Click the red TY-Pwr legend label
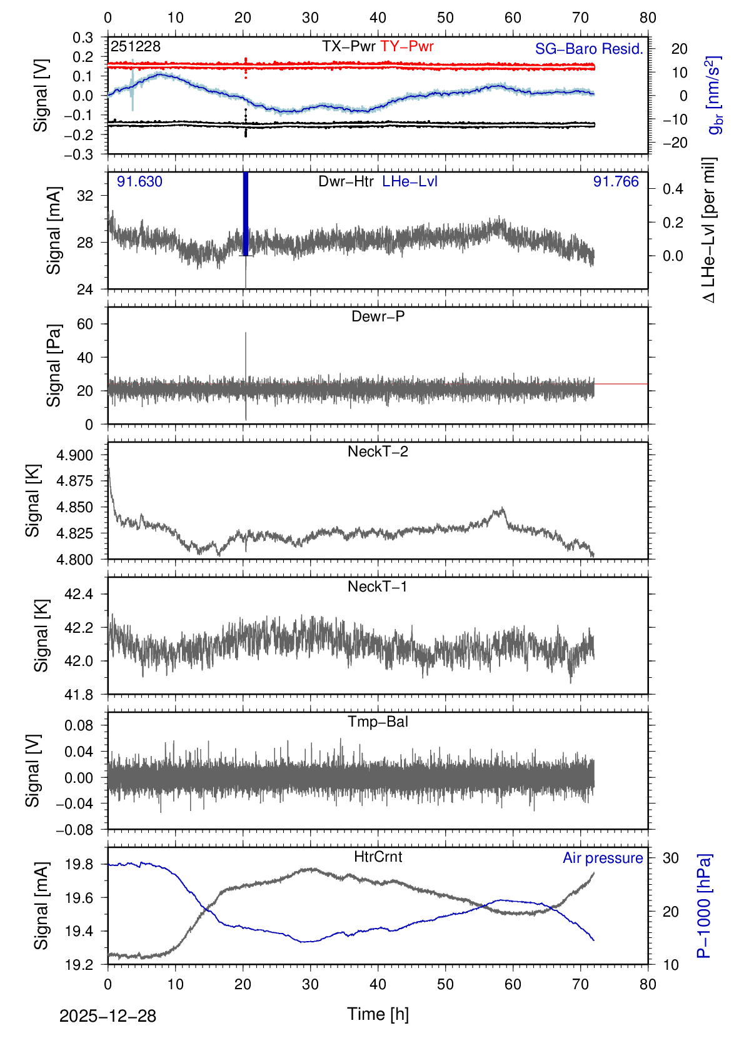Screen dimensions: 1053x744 pos(406,46)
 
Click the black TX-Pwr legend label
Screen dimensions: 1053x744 pos(348,46)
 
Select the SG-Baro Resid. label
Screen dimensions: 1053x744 pos(589,49)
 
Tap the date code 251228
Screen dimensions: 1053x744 pos(136,46)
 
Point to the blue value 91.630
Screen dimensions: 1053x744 pos(139,181)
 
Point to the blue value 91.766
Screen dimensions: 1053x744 pos(616,181)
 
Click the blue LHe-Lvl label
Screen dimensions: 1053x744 pos(410,181)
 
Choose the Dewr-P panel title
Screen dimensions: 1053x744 pos(378,316)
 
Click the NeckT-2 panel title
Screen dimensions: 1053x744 pos(378,451)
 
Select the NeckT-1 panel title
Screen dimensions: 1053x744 pos(378,587)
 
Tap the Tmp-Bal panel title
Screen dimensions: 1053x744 pos(378,722)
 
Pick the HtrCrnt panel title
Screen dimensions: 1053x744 pos(378,857)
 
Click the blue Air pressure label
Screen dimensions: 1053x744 pos(603,858)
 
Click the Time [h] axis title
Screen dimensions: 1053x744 pos(378,1014)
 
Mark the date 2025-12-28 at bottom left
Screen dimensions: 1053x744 pos(108,1016)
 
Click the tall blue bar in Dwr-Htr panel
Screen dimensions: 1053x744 pos(246,213)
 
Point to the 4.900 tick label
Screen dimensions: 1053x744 pos(74,455)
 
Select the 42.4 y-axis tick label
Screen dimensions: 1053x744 pos(79,594)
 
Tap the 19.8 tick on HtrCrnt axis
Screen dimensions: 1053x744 pos(79,865)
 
